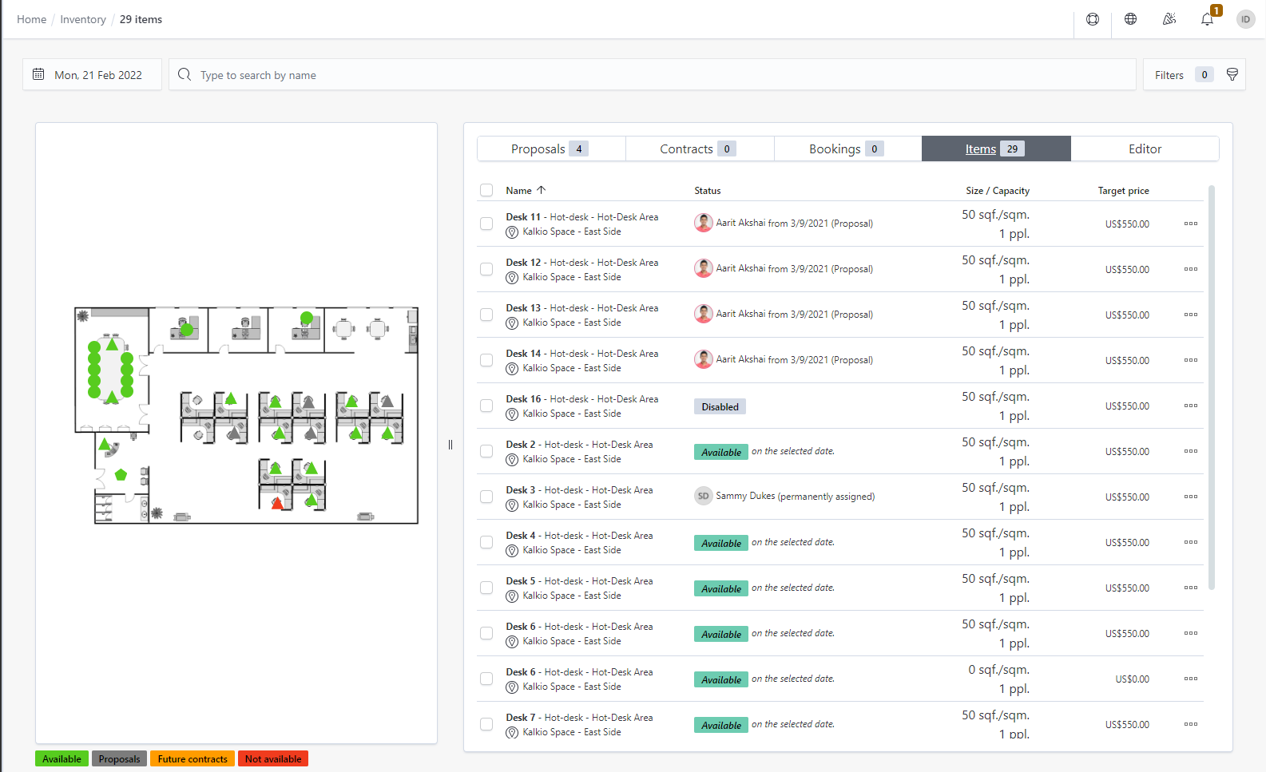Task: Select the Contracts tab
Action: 699,149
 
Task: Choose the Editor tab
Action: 1145,149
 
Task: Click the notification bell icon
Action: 1207,19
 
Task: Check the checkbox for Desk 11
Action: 486,224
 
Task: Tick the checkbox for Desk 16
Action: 486,406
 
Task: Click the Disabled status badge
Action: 720,407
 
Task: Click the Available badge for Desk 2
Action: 721,453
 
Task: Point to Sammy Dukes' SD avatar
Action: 703,496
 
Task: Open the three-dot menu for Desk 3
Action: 1190,497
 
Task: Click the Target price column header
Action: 1123,191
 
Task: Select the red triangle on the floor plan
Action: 277,504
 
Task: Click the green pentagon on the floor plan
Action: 121,475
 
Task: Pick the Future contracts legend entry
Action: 192,759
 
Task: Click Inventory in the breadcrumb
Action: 83,19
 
